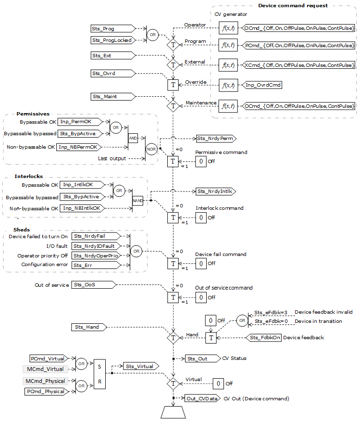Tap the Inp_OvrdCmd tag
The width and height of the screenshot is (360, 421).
pos(262,85)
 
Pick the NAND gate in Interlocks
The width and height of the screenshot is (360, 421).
pos(137,199)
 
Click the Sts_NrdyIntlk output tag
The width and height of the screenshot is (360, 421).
pos(214,191)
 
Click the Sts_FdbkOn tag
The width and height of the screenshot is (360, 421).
pos(264,338)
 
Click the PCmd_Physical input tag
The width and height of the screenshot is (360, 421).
pos(47,392)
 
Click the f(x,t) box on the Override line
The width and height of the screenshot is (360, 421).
pos(227,86)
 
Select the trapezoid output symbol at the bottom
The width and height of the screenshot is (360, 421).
pos(173,412)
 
